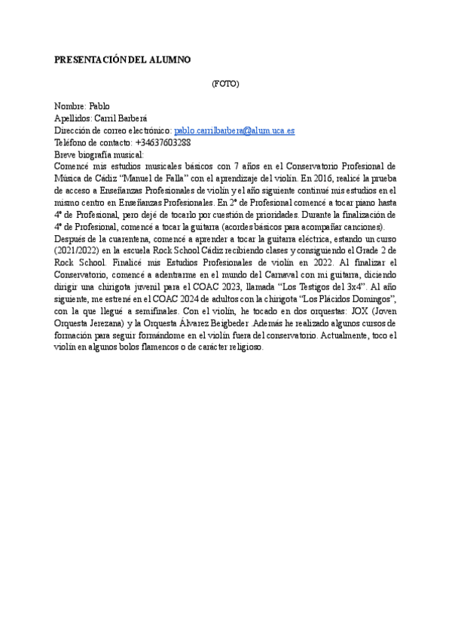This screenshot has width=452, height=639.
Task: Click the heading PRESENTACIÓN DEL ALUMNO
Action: click(x=123, y=60)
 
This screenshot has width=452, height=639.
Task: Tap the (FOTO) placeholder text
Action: click(x=225, y=84)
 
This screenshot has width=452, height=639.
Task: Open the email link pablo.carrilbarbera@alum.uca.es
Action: click(x=234, y=130)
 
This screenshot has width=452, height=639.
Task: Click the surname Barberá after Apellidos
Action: click(x=131, y=118)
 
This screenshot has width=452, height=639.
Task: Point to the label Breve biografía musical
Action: click(x=99, y=154)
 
